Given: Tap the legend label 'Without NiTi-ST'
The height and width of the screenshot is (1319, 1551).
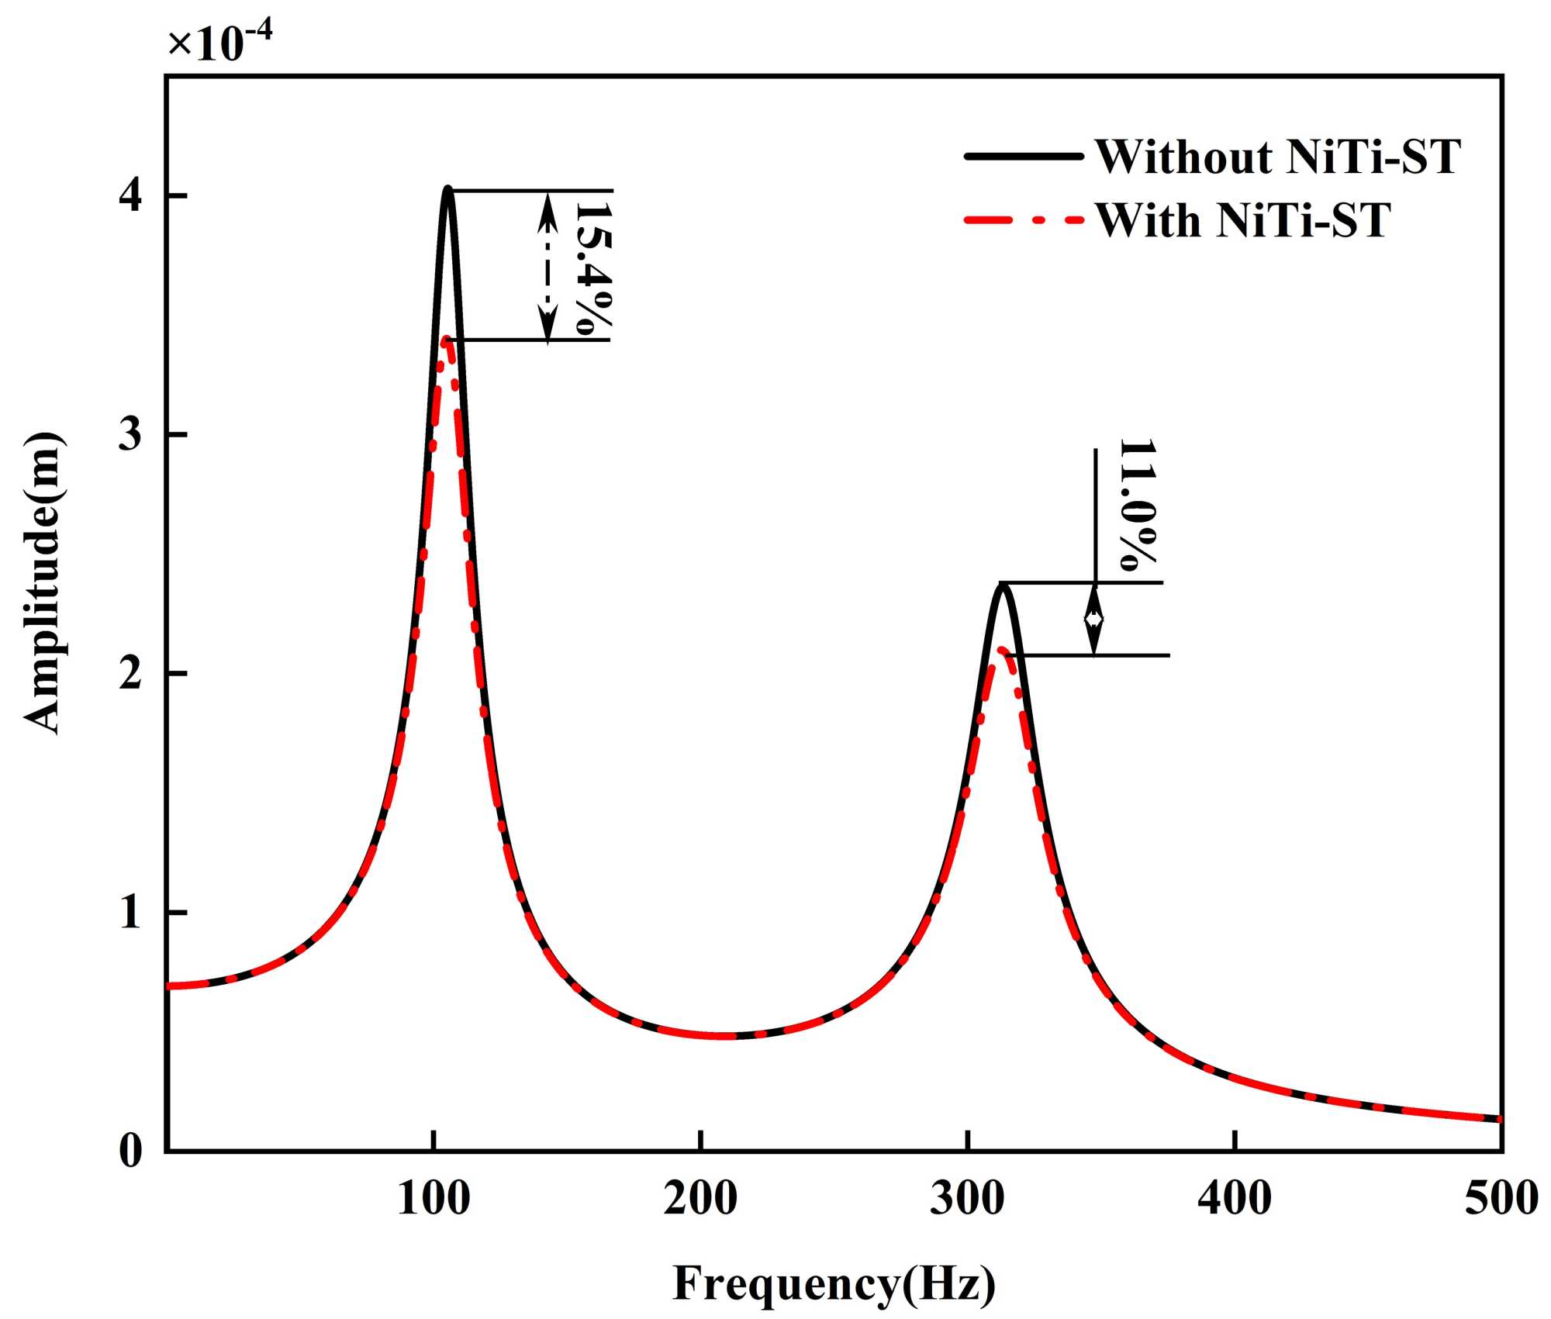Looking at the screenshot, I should tap(1277, 157).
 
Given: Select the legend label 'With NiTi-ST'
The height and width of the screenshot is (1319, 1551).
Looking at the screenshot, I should tap(1243, 221).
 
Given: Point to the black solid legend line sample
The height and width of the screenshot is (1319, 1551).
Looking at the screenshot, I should tap(1023, 157).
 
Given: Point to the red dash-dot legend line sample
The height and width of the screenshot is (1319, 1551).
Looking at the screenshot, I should tap(1023, 220).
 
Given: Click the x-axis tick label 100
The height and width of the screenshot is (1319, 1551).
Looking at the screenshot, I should tap(434, 1198).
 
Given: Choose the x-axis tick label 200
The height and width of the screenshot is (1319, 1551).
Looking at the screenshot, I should tap(700, 1198).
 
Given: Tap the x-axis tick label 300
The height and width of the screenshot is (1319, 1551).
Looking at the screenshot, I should tap(967, 1198).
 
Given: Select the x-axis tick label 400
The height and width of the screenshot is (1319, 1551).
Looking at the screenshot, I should tap(1234, 1198).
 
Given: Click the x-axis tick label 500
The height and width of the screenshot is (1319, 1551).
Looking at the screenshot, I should tap(1501, 1198).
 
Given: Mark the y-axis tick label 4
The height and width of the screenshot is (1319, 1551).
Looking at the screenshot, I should tap(131, 195).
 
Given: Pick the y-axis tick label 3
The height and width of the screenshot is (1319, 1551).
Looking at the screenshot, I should tap(131, 434).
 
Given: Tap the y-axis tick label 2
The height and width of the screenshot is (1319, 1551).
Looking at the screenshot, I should tap(131, 673).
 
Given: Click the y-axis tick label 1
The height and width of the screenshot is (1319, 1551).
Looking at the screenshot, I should tap(131, 912).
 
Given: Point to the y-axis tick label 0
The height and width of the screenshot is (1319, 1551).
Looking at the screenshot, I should tap(131, 1151).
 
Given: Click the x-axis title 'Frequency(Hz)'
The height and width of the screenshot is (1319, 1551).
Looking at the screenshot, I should tap(834, 1284).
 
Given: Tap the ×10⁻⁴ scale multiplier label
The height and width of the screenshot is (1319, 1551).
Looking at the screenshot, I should tap(220, 43).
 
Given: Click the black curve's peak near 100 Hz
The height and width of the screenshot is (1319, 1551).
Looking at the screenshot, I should tap(447, 188).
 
